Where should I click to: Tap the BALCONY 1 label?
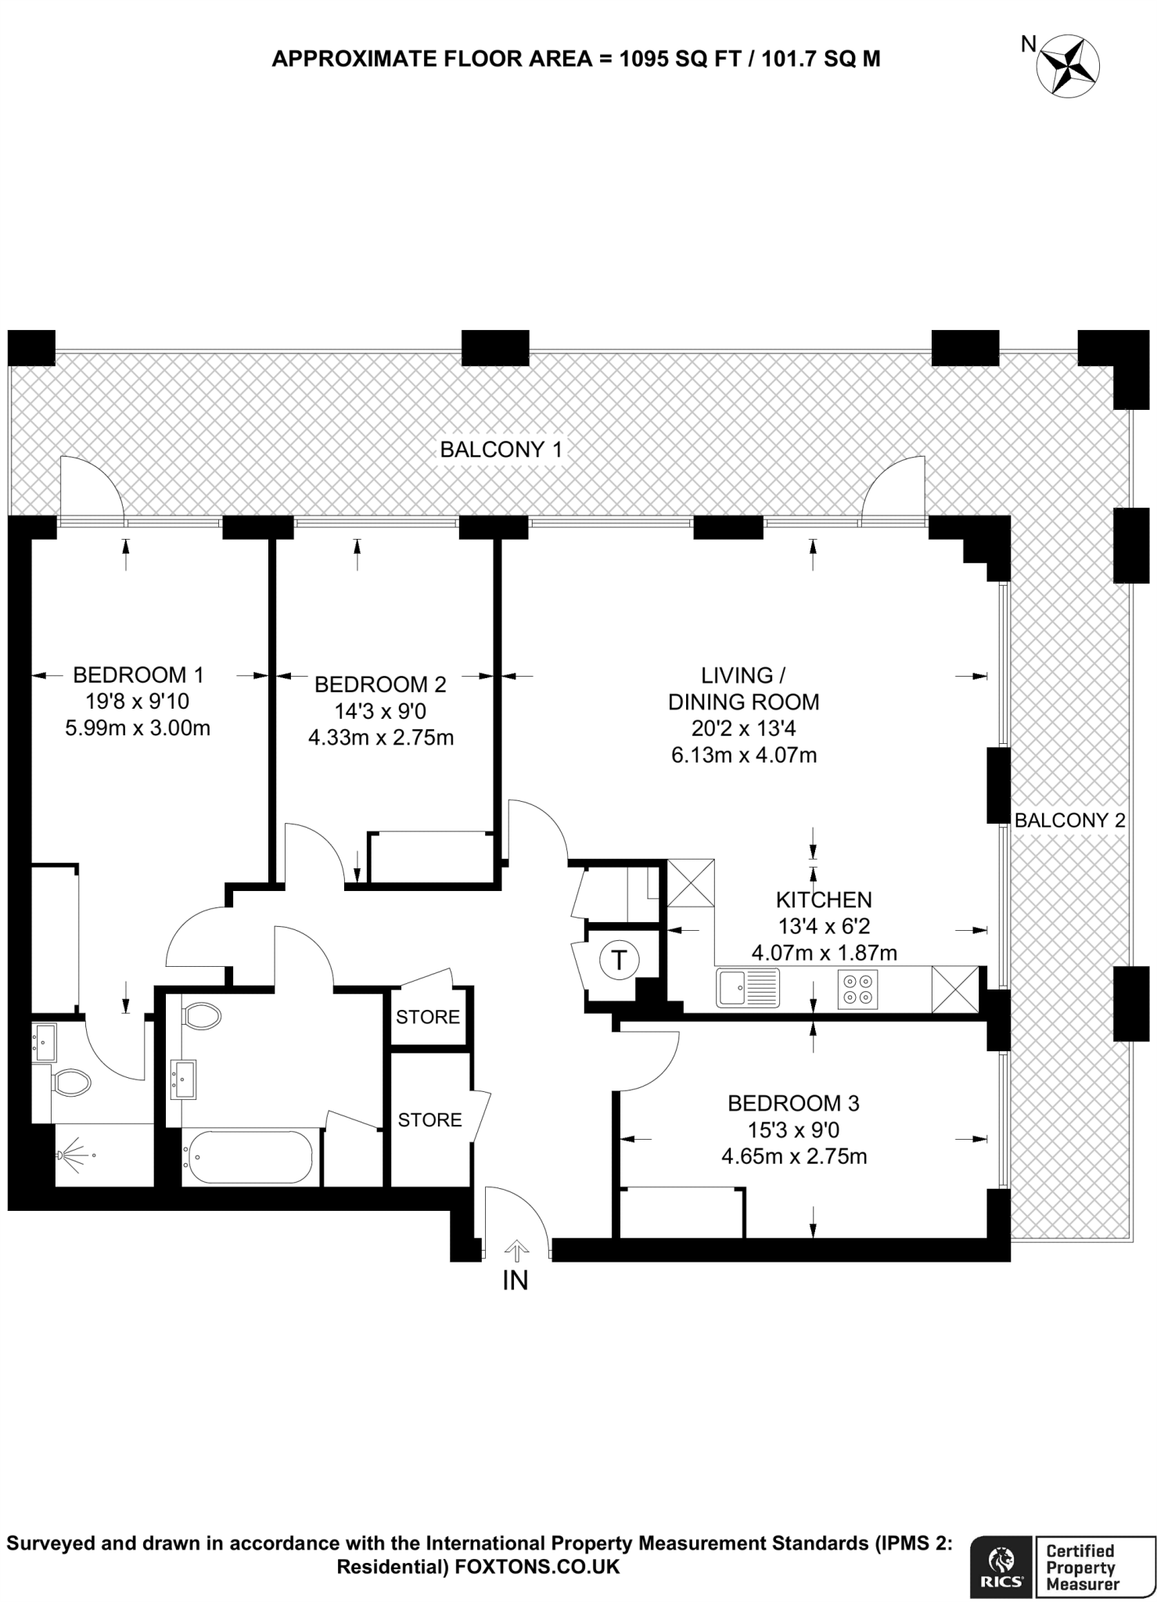(501, 450)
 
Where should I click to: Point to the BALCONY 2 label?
(1069, 820)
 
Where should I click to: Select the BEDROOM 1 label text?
(138, 674)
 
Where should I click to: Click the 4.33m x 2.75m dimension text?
(381, 738)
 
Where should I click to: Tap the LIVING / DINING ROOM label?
(743, 688)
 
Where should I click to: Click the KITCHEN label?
(824, 900)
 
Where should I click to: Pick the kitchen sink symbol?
(748, 988)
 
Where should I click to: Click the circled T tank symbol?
(620, 959)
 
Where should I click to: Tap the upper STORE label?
(428, 1017)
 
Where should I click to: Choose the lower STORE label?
(429, 1120)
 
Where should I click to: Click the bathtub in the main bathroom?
(247, 1158)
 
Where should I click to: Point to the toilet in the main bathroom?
(201, 1017)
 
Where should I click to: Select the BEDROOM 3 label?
(793, 1103)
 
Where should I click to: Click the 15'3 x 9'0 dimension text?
(793, 1130)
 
